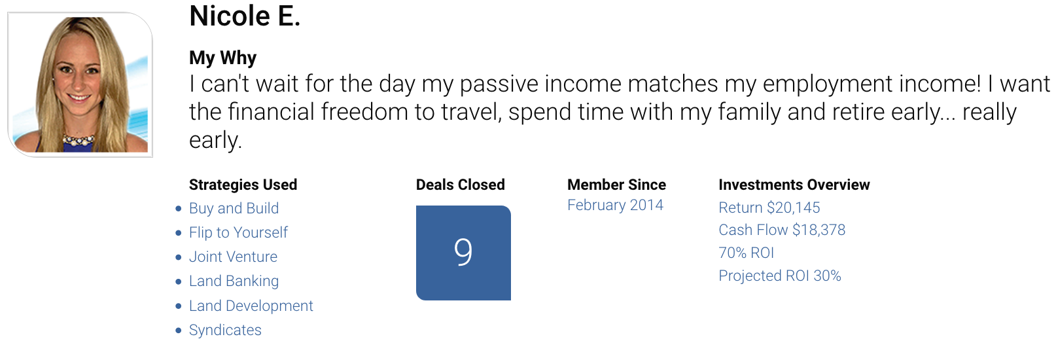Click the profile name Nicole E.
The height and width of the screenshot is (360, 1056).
pyautogui.click(x=245, y=16)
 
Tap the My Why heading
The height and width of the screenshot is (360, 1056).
pyautogui.click(x=222, y=58)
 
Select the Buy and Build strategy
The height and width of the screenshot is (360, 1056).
pyautogui.click(x=234, y=208)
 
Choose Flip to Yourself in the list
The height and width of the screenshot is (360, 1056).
pyautogui.click(x=238, y=232)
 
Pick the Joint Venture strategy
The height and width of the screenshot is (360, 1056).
pyautogui.click(x=234, y=257)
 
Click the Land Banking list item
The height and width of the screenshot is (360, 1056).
pyautogui.click(x=234, y=281)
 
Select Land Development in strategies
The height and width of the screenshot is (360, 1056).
pyautogui.click(x=251, y=306)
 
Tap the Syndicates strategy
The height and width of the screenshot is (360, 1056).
pyautogui.click(x=225, y=331)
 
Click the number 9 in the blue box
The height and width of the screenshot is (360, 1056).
pyautogui.click(x=463, y=252)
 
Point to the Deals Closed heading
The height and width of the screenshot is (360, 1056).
pyautogui.click(x=460, y=185)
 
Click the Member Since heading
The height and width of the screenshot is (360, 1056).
pyautogui.click(x=616, y=185)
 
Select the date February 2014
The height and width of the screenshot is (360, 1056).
pyautogui.click(x=615, y=206)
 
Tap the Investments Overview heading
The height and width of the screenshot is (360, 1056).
pyautogui.click(x=794, y=185)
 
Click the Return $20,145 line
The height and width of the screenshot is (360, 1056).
pyautogui.click(x=769, y=207)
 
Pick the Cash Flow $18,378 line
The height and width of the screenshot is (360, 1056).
pyautogui.click(x=782, y=230)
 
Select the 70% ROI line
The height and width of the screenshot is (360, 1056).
pyautogui.click(x=747, y=253)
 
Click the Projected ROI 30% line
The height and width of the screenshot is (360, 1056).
pyautogui.click(x=780, y=276)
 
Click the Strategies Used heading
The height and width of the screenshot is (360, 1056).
pyautogui.click(x=243, y=185)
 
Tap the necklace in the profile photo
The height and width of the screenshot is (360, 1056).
pyautogui.click(x=79, y=140)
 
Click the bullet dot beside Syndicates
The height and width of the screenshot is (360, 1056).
pyautogui.click(x=178, y=331)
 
